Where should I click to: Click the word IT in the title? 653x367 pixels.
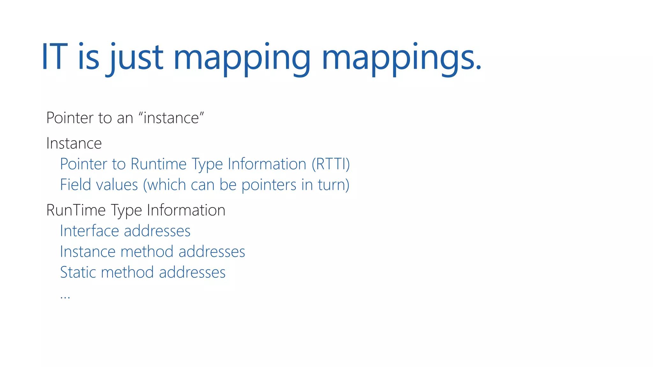(x=55, y=57)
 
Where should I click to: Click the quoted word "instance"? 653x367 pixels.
(x=172, y=118)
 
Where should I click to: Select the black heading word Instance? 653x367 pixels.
(x=74, y=143)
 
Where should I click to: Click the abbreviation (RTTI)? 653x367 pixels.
(x=331, y=164)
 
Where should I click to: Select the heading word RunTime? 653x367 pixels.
(x=76, y=210)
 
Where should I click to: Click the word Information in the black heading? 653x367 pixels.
(x=186, y=210)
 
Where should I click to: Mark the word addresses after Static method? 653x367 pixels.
(x=192, y=272)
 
